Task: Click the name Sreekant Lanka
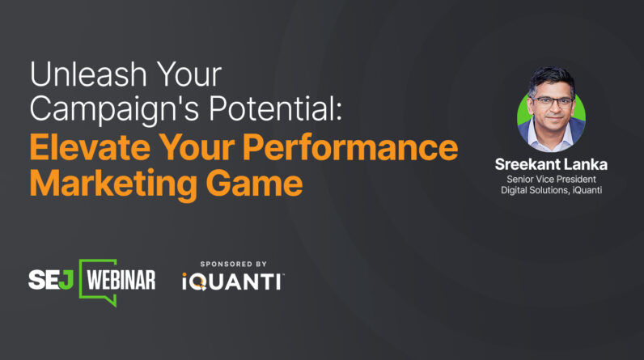coord(550,164)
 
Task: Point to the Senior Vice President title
coord(550,178)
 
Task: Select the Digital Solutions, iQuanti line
coord(550,190)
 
